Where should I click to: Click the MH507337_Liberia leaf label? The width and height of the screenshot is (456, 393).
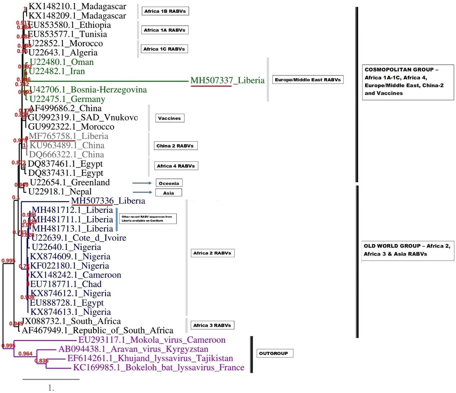point(227,80)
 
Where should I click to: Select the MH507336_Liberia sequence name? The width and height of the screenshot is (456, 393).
point(108,201)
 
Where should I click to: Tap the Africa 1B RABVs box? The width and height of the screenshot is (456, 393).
point(165,11)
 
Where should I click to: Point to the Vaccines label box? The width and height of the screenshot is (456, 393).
point(169,118)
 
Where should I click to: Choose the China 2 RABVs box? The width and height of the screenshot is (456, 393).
point(175,146)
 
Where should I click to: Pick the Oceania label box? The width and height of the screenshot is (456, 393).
point(169,183)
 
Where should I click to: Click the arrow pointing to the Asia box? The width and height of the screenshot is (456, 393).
point(142,192)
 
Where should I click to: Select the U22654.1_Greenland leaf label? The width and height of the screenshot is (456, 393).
point(70,183)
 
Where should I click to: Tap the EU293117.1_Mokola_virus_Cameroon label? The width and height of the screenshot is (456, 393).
point(152,340)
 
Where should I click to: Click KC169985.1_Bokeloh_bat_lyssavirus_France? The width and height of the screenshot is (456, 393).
point(159,368)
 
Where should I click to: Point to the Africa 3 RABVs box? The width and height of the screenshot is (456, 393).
point(212,325)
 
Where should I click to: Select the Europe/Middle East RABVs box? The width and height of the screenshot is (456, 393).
point(308,80)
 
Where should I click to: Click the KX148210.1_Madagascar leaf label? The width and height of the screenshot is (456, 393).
point(77,7)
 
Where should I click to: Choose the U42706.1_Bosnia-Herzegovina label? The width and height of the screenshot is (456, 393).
point(88,90)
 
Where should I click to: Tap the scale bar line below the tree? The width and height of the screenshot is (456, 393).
point(51,379)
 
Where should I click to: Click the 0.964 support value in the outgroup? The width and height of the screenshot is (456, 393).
point(25,354)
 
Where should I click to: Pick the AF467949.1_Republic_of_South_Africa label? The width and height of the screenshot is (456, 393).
point(97,331)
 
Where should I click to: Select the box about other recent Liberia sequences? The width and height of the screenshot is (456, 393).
point(148,219)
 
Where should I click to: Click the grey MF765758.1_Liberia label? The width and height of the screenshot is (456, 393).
point(68,136)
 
